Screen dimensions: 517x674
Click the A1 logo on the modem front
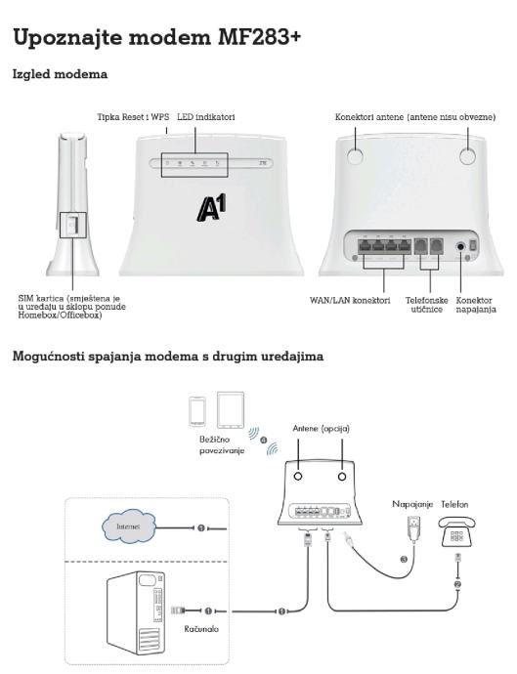212,208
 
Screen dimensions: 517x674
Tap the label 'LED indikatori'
206,117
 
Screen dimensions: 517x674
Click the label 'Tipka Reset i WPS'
133,117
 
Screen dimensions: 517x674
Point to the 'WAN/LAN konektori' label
350,301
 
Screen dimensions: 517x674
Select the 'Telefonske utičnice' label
427,305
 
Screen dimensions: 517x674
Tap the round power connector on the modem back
460,247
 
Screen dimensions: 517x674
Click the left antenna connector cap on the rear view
356,155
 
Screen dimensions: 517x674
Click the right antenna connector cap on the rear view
467,155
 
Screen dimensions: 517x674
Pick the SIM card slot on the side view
72,225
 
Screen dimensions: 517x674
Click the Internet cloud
129,527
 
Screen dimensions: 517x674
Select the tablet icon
231,410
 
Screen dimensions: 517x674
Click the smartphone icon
197,412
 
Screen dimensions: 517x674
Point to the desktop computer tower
136,613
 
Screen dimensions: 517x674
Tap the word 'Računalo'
201,629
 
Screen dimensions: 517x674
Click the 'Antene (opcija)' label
321,429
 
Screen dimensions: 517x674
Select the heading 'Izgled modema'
60,74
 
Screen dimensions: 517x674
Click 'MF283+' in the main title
259,37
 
